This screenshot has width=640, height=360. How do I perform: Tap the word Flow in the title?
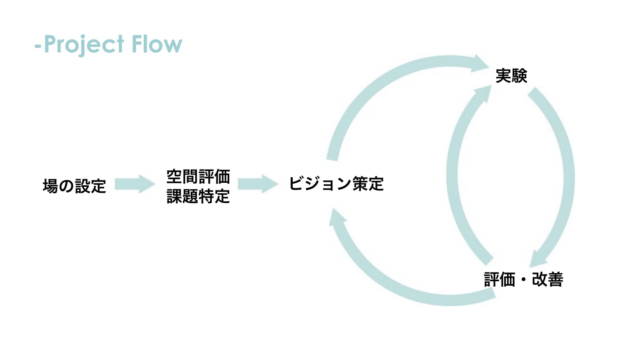pos(157,44)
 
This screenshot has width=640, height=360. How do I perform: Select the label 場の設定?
pos(74,186)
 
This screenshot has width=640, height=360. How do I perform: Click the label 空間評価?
pos(198,176)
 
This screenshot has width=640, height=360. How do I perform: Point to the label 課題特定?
pos(198,196)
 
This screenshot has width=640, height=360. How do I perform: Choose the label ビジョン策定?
pos(336,184)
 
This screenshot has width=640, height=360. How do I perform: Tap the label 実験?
pos(511,76)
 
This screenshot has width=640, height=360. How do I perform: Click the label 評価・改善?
pos(523,279)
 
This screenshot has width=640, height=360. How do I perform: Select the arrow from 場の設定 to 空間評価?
pos(135,184)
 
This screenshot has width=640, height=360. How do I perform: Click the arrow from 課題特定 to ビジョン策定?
pos(258,184)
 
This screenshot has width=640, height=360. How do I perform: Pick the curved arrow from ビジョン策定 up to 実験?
pos(385,84)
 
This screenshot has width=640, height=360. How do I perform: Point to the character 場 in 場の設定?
pos(50,186)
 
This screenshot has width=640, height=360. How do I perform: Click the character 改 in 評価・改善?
pos(539,279)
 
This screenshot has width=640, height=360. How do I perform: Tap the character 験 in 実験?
pos(519,76)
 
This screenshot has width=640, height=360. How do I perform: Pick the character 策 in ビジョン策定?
pos(360,184)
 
